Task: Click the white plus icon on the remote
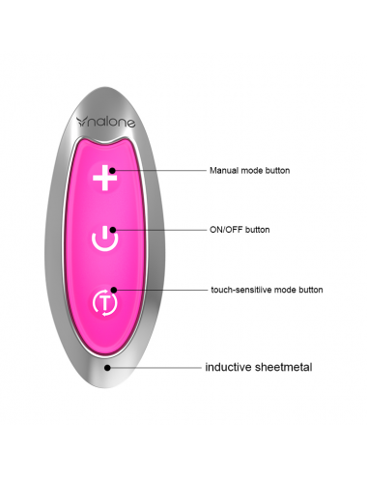coord(107,178)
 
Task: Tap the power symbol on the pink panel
coord(106,237)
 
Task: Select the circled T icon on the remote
coord(105,301)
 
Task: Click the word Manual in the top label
coord(224,171)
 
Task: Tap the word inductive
coord(228,368)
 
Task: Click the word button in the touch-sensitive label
coord(309,290)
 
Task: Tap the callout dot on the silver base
coord(108,368)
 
